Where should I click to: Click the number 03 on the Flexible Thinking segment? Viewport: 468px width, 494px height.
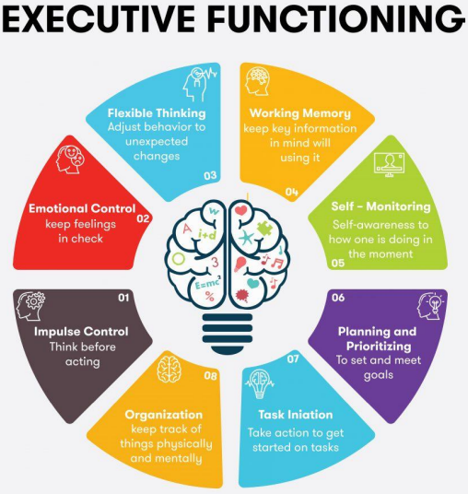coord(210,175)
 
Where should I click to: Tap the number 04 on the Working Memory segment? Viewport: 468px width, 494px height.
coord(292,192)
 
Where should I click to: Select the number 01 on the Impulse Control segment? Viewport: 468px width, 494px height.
coord(123,298)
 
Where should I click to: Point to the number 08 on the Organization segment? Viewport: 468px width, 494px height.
coord(210,376)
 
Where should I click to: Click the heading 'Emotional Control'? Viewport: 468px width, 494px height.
coord(82,208)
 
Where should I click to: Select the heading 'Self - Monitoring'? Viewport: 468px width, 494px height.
coord(380,206)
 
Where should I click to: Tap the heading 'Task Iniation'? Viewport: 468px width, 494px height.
coord(296,415)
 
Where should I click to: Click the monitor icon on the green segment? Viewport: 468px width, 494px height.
coord(390,164)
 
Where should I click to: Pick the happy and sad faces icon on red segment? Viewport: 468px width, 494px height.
coord(70,159)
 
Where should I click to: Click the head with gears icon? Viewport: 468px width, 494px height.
coord(30,306)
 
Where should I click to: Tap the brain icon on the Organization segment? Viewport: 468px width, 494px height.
coord(170,370)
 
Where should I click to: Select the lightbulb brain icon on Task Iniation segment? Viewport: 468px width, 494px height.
coord(260,383)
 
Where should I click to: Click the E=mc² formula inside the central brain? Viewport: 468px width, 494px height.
coord(208,284)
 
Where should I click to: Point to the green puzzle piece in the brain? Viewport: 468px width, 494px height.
coord(264,229)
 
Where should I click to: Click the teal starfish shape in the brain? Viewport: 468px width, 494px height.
coord(246,238)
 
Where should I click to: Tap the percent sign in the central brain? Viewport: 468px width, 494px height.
coord(209,296)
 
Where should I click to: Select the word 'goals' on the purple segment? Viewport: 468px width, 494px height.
coord(379,375)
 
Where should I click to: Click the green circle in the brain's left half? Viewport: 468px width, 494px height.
coord(178,259)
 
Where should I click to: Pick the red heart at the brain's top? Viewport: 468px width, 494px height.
coord(241,210)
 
